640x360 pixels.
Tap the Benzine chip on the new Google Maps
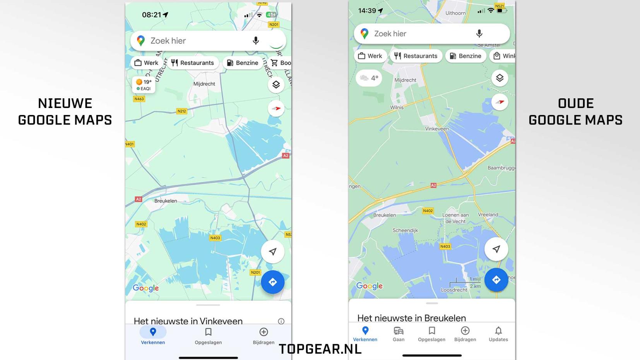coord(243,63)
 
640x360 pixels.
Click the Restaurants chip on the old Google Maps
coord(416,56)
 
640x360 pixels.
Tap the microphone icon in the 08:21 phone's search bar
coord(255,41)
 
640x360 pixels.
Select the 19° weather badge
coord(144,85)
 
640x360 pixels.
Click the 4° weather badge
coord(369,78)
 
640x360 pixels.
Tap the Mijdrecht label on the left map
coord(204,84)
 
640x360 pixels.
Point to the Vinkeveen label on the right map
coord(437,129)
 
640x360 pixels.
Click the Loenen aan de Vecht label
coord(455,218)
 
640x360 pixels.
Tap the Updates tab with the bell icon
coord(498,334)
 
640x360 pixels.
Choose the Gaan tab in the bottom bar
coord(399,334)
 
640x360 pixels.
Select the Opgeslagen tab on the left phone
coord(208,336)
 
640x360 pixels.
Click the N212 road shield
coord(181,111)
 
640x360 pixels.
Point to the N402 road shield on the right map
coord(428,211)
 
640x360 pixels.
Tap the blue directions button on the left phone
coord(272,282)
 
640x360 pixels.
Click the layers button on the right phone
coord(500,78)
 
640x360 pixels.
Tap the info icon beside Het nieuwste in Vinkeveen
coord(281,321)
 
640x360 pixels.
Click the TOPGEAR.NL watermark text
coord(320,349)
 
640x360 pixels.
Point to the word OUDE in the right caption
coord(576,103)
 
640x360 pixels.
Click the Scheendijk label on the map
coord(405,230)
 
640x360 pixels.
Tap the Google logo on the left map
coord(145,288)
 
